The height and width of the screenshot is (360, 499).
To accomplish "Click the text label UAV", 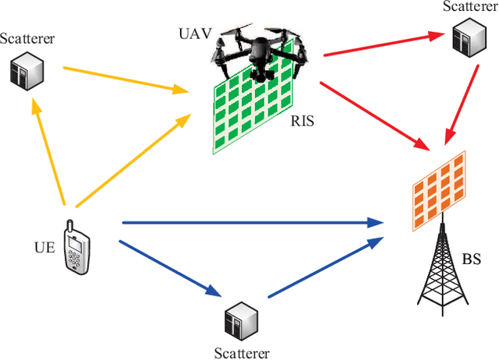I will coord(196,34).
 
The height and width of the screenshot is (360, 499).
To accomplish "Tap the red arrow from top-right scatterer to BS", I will coord(463,97).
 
